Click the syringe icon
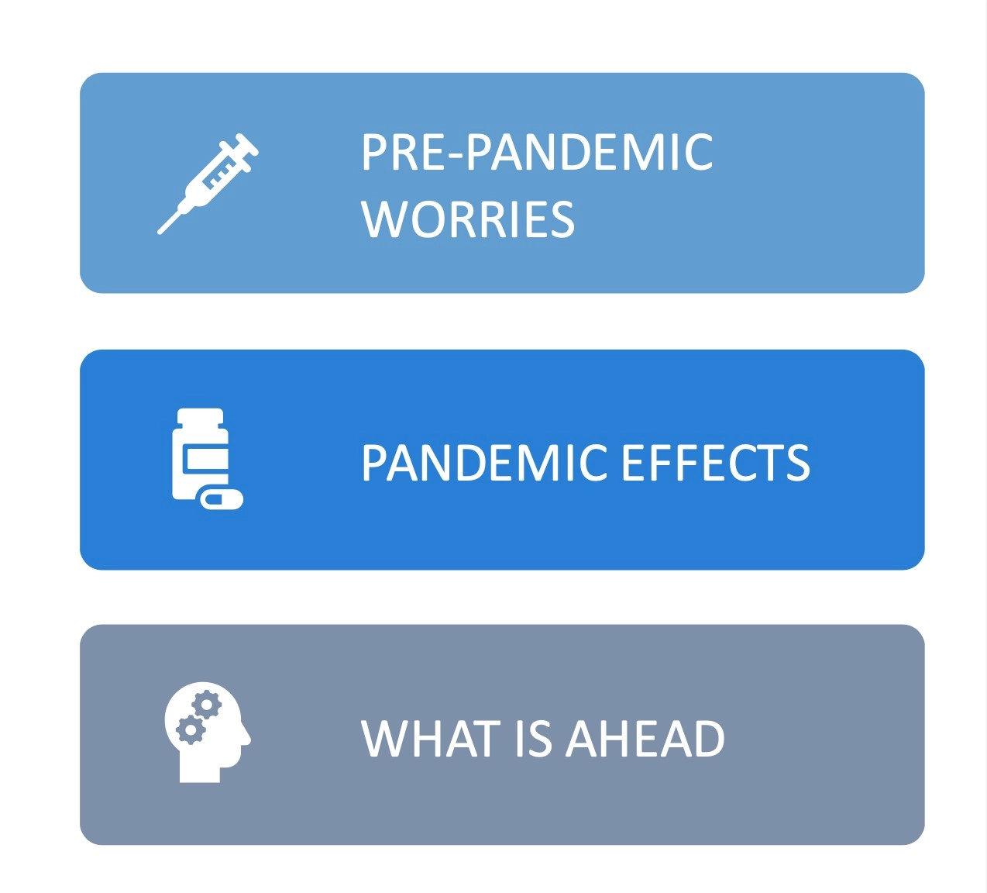click(207, 184)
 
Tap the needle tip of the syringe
click(160, 233)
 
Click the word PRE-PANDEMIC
click(537, 152)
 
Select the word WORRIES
click(468, 219)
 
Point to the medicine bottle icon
click(207, 458)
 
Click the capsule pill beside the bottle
click(222, 499)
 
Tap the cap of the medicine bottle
click(200, 416)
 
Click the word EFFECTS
click(716, 462)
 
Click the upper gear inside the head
click(207, 705)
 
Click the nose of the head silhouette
click(247, 737)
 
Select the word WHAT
click(428, 739)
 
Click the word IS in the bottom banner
click(532, 739)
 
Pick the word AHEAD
click(645, 739)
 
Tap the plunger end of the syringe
click(246, 143)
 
